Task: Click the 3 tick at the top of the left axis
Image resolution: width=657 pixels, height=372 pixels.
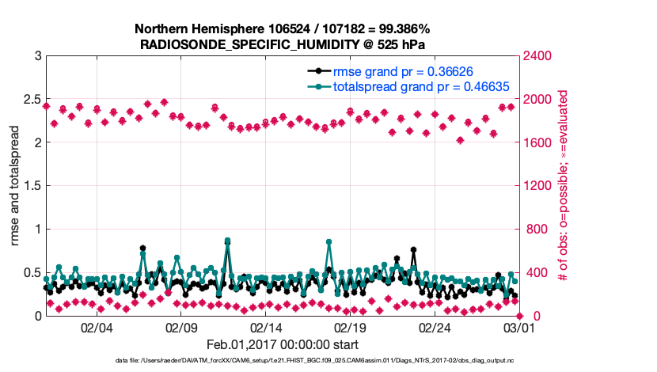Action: point(37,56)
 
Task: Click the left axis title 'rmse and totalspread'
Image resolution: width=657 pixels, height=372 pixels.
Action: point(17,186)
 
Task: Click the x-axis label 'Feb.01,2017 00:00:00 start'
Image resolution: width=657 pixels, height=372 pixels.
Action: point(281,344)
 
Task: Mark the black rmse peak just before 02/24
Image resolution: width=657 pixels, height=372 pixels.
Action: point(413,249)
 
